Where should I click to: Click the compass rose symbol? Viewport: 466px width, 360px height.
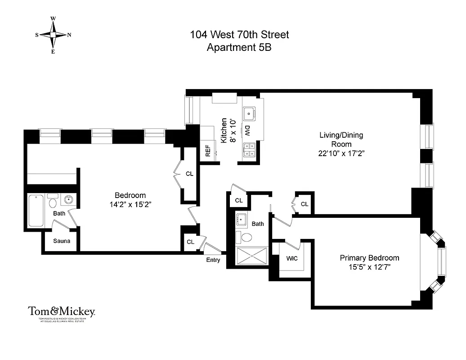click(53, 35)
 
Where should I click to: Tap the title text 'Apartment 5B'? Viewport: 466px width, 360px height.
click(239, 47)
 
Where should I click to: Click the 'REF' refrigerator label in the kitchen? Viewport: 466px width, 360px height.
click(208, 151)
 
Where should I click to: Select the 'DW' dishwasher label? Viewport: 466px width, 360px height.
click(247, 130)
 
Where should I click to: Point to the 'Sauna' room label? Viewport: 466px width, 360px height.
click(62, 241)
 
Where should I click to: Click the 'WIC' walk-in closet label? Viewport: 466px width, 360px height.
click(292, 259)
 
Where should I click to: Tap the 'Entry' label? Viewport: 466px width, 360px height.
click(213, 260)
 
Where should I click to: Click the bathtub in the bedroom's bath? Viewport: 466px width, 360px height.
click(36, 210)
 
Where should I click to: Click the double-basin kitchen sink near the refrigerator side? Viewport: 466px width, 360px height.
click(249, 150)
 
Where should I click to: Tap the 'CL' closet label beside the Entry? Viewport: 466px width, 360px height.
click(190, 242)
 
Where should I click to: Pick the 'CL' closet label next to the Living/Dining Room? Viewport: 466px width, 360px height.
click(305, 204)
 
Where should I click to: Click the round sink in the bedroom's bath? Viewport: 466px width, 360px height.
click(69, 200)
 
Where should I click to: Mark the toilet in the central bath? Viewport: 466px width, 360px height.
click(247, 237)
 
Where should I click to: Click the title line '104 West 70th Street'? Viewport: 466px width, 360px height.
click(239, 35)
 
